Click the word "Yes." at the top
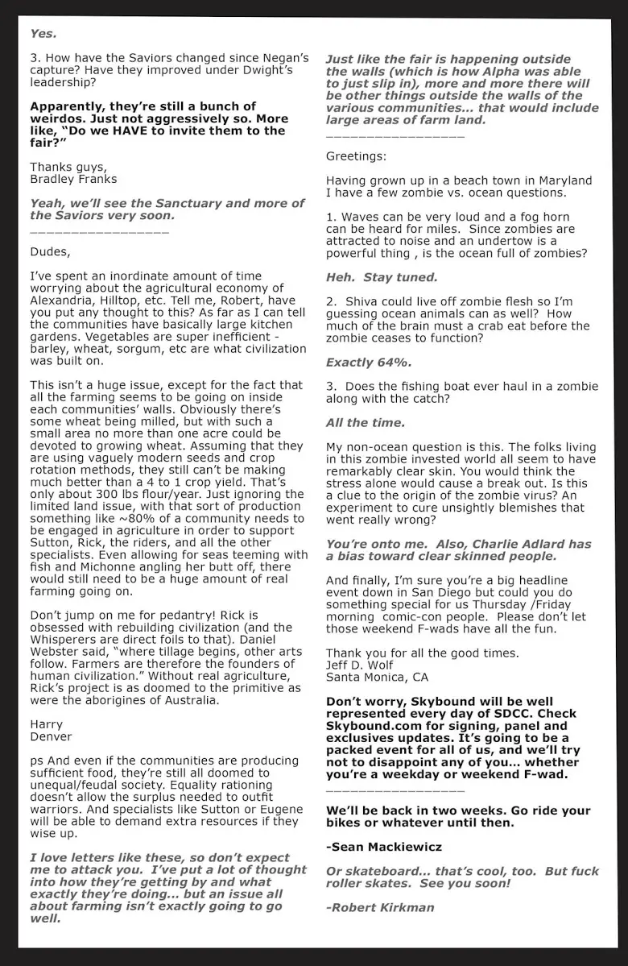click(x=43, y=34)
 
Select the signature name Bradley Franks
click(x=73, y=179)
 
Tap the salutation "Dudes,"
click(x=50, y=251)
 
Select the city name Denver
click(x=51, y=736)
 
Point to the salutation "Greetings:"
click(x=356, y=156)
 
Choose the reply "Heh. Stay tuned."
click(x=382, y=277)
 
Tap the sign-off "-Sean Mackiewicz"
click(x=384, y=847)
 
